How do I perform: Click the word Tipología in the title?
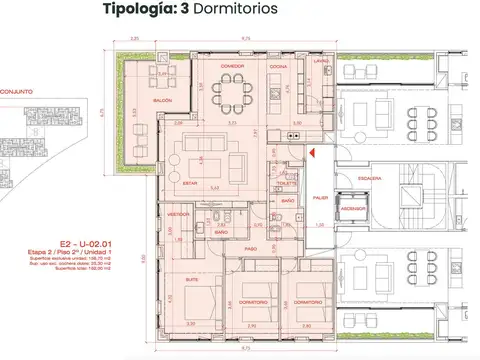(x=136, y=12)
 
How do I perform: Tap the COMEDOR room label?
(x=232, y=66)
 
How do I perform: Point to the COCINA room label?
(x=279, y=66)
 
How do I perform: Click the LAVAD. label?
(x=320, y=62)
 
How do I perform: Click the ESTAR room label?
(x=193, y=184)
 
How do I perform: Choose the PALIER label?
(x=319, y=197)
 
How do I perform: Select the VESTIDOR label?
(x=179, y=214)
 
